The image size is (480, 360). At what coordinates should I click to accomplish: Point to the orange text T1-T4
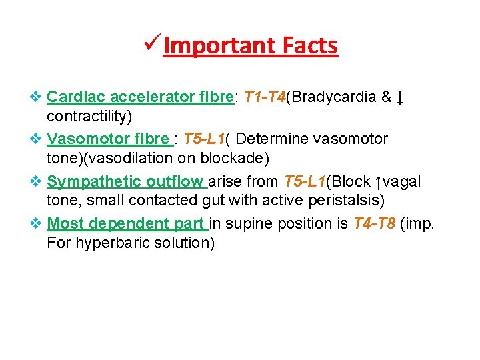(x=265, y=97)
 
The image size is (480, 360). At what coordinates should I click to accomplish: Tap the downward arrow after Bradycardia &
(x=399, y=99)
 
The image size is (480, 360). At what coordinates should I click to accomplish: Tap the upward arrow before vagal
(x=379, y=182)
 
